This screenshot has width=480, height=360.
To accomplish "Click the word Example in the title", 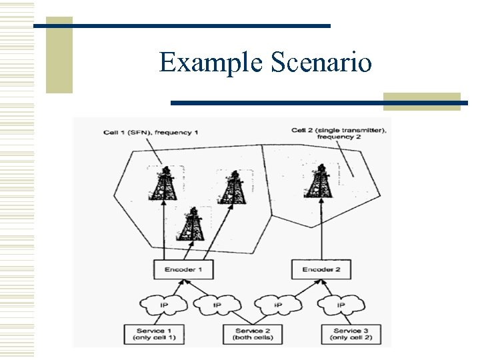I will point(211,63).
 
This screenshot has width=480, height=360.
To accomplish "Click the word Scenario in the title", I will point(321,63).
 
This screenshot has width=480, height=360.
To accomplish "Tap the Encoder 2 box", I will point(321,269).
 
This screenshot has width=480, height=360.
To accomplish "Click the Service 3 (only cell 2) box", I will point(347,334).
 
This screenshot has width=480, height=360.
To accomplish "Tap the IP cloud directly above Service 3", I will point(341,305).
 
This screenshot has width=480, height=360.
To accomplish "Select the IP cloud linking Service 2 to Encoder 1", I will point(217,305).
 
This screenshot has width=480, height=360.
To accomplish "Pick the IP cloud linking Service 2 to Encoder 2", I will point(278,305).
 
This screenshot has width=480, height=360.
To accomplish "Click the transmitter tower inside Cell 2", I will point(320,179).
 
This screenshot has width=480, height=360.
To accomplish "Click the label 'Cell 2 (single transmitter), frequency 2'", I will point(339,133).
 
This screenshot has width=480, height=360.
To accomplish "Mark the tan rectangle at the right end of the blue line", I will point(421,101).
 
